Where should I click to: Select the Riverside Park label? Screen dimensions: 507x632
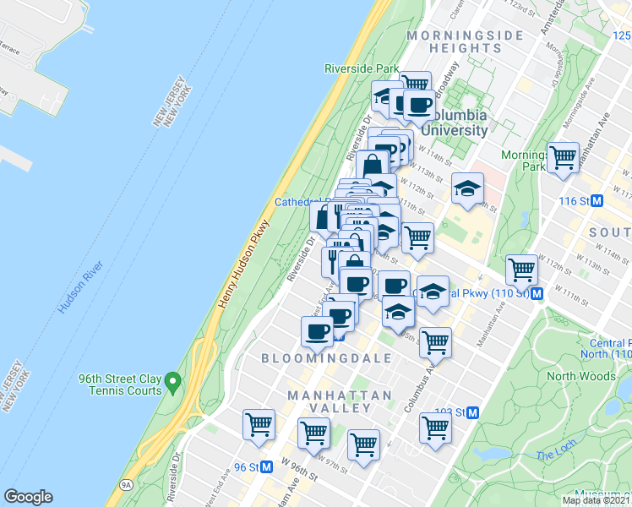(361, 68)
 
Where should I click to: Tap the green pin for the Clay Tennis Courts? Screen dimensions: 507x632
(172, 383)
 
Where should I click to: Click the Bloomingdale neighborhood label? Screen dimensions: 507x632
(326, 358)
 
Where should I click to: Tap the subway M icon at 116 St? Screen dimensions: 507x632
(597, 201)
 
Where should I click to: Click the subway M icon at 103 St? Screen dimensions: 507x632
(473, 412)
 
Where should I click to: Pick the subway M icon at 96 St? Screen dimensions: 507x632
(266, 466)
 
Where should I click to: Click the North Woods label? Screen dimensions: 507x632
(580, 376)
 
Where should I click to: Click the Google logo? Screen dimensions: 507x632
(28, 497)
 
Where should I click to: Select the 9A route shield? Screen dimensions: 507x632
(126, 485)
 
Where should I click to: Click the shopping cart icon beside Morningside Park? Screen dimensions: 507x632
(563, 157)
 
